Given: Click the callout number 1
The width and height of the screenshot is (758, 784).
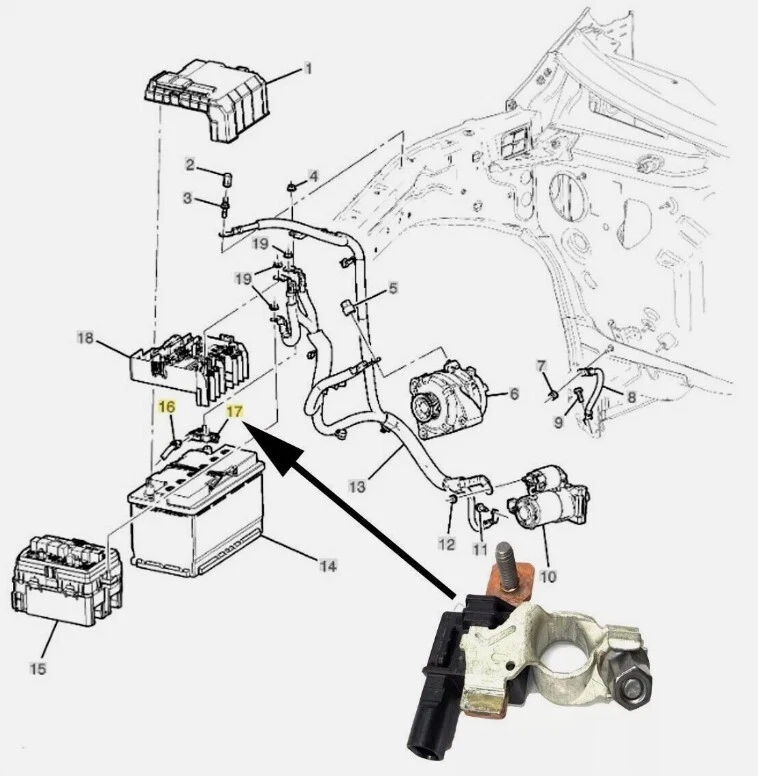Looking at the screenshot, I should pos(308,70).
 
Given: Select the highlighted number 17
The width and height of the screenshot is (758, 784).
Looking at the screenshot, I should pos(233,412).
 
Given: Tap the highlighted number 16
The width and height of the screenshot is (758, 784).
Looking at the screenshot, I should pos(166,406).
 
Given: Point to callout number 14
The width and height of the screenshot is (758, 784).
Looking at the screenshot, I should pos(328,566).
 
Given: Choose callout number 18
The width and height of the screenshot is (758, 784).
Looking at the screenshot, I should pos(85,339).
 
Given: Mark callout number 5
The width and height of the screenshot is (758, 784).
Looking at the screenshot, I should pos(393,289).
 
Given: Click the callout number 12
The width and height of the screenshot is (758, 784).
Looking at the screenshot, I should pos(446,545).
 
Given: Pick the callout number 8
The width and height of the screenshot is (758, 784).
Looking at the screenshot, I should pos(630,398).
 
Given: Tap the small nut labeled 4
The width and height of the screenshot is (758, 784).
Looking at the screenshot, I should pos(290,186).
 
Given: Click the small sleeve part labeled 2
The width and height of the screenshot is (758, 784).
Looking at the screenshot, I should pos(225,179).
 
